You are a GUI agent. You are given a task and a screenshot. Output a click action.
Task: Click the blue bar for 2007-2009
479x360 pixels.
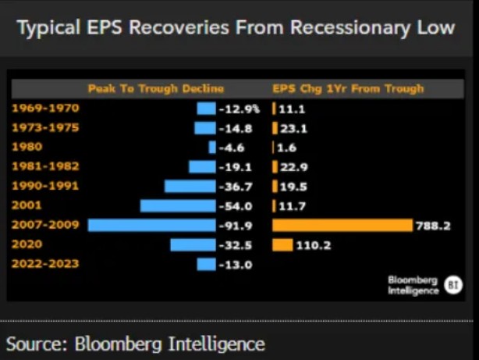(152, 226)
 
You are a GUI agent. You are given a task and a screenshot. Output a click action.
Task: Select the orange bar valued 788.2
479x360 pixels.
(342, 226)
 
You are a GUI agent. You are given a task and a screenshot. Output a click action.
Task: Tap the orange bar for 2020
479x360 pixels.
(282, 245)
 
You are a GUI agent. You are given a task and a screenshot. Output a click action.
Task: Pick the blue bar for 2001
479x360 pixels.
(178, 206)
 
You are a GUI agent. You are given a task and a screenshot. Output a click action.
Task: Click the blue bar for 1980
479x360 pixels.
(212, 148)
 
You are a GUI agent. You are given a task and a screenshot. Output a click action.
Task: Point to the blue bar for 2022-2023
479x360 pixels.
(207, 264)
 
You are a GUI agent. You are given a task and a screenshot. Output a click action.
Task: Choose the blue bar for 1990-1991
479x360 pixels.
(190, 187)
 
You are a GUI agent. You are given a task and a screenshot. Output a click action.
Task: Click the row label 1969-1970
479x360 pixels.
(45, 108)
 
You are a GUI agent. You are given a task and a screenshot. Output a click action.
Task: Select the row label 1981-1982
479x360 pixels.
(45, 166)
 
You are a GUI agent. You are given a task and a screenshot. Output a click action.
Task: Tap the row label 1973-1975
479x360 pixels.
(45, 127)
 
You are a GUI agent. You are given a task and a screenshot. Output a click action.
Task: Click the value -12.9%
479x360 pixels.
(239, 109)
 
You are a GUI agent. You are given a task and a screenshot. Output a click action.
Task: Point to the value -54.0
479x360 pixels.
(236, 206)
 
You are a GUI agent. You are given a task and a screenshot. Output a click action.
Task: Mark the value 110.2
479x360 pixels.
(314, 245)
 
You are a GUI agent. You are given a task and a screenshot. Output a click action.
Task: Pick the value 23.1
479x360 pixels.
(293, 129)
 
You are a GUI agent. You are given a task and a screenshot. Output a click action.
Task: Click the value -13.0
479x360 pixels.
(236, 265)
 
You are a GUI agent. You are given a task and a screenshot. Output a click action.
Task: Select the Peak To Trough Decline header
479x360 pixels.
(156, 89)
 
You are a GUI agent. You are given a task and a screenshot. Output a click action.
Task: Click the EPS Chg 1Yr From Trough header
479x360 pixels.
(348, 89)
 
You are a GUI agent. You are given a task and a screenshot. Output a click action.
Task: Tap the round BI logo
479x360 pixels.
(453, 285)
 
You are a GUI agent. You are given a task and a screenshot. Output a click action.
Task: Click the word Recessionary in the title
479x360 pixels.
(350, 28)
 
